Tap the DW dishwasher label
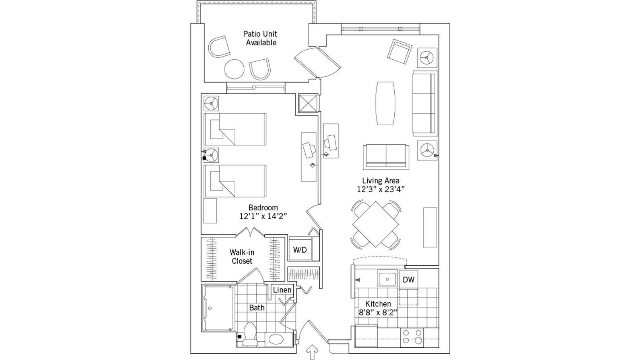pos(408,280)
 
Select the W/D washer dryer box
pos(300,250)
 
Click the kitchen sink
pos(386,279)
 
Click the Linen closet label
pos(282,290)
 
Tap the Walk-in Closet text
pos(242,257)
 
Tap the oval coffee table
pos(386,103)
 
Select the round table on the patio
pos(234,69)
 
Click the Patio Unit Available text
pos(260,38)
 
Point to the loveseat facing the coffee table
pos(386,156)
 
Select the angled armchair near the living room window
pos(400,52)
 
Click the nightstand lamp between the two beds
pos(211,155)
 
